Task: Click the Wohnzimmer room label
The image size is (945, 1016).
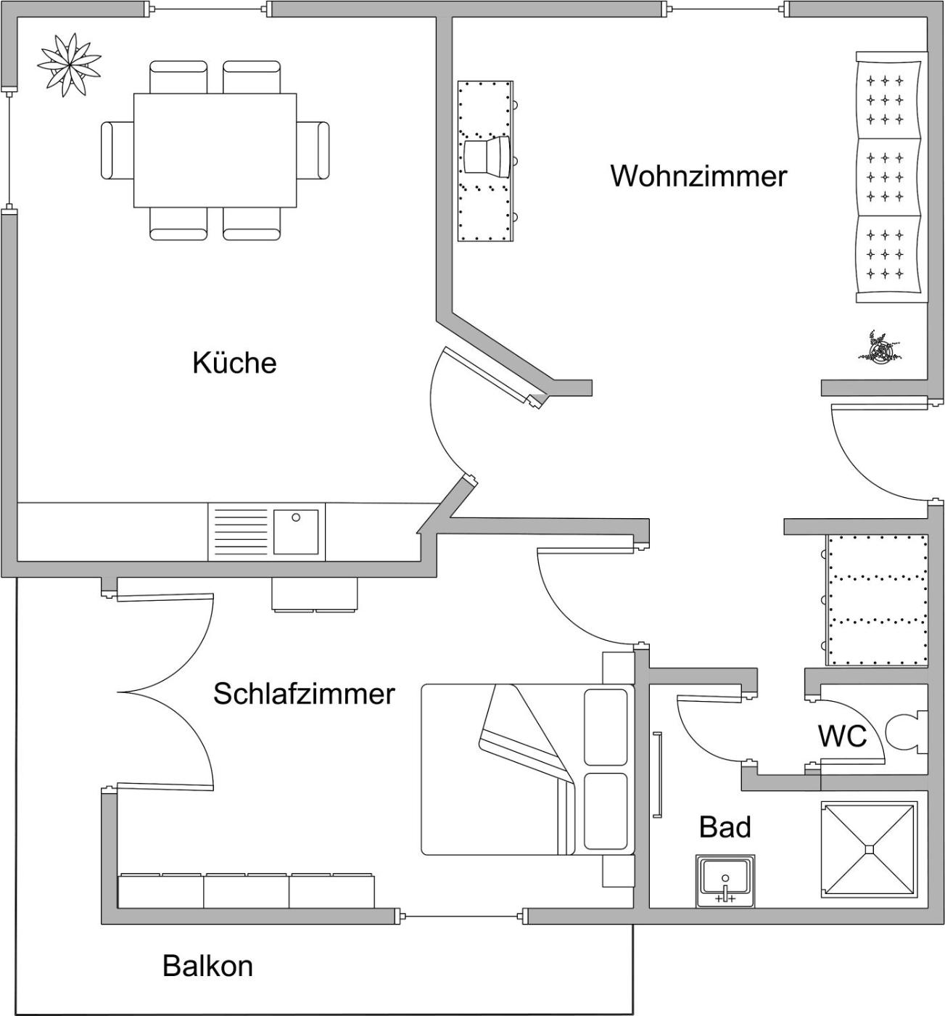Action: click(x=698, y=176)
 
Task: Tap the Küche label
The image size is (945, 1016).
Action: click(x=234, y=363)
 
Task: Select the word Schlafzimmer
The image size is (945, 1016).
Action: click(x=304, y=694)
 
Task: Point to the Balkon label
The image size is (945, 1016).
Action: click(x=207, y=966)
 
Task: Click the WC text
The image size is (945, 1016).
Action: click(x=842, y=736)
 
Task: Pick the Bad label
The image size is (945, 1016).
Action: click(x=725, y=827)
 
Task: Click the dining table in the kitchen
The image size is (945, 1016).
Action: click(x=215, y=149)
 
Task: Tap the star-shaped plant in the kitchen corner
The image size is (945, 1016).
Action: click(x=70, y=64)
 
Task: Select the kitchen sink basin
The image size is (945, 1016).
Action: click(x=296, y=532)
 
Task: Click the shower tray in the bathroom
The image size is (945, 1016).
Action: click(x=869, y=849)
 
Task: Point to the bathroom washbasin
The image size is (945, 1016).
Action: click(x=725, y=880)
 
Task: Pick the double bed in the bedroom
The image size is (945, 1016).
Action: click(x=528, y=769)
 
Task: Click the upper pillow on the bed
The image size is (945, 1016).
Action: click(x=606, y=727)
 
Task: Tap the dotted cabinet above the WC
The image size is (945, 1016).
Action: click(x=878, y=600)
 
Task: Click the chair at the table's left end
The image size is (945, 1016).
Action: click(x=117, y=150)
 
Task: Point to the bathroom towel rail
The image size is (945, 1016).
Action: click(x=659, y=775)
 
